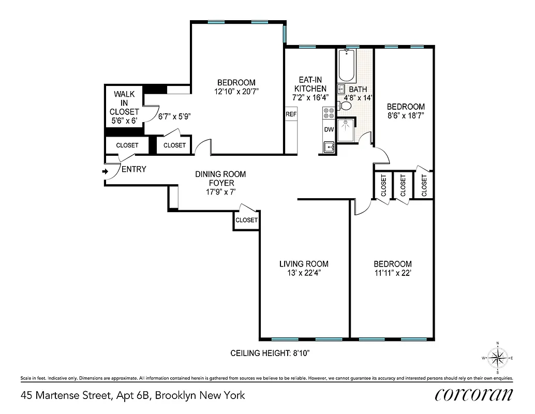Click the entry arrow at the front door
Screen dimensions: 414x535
105,171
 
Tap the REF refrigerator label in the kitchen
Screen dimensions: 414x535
291,114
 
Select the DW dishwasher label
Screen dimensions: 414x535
329,129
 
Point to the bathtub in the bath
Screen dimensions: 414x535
347,66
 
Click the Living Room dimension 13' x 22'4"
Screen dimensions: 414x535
304,273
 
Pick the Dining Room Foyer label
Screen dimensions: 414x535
220,179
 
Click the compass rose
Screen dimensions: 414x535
497,358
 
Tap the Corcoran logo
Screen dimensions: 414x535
474,395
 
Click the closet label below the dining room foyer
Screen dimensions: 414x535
246,220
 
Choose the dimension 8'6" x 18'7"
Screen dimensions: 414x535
406,116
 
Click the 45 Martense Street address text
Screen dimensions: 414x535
132,396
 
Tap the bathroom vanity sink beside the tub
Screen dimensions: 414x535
341,89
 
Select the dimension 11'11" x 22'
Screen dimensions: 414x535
392,273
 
